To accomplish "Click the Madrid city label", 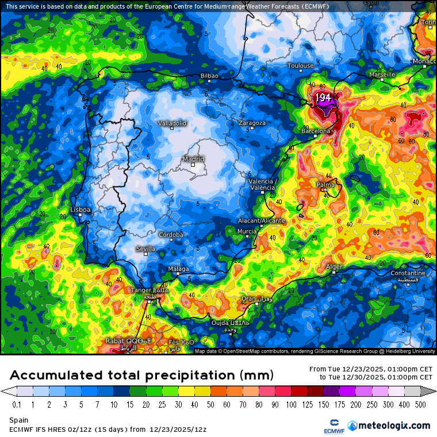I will coord(193,159).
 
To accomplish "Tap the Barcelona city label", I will coord(316,131).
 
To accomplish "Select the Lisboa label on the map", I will coord(80,210).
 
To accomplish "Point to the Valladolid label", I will coord(172,123).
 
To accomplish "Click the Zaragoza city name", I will coord(252,123).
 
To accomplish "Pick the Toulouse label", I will coord(301,66).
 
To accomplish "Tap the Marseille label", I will coord(382,75).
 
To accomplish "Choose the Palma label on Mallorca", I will coord(325,185).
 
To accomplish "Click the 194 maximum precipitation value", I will coord(323,98).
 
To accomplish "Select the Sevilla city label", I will coord(145,248).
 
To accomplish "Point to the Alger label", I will coord(334,267).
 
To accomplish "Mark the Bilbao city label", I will coord(209,76).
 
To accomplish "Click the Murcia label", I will coord(247,231).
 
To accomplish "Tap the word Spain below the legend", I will coord(19,420).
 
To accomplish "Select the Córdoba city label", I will coord(171,235).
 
